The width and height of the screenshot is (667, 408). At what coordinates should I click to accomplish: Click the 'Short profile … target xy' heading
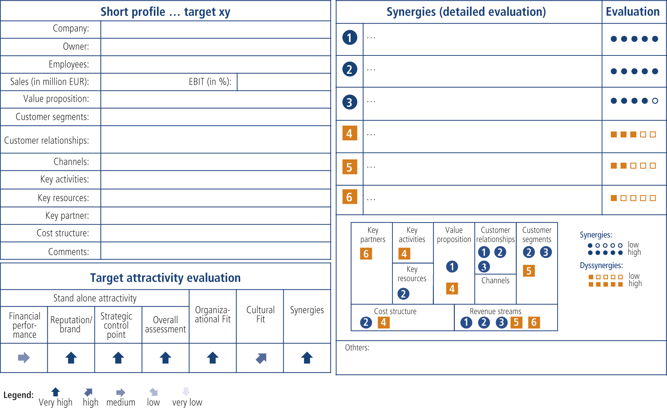[x=165, y=12]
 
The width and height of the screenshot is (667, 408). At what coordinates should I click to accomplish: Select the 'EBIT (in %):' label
[x=210, y=82]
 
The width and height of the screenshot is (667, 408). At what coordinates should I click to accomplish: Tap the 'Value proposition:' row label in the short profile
[x=56, y=99]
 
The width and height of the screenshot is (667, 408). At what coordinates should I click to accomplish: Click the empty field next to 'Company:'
[x=215, y=29]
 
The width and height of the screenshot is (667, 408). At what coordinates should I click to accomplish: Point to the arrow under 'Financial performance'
[x=24, y=357]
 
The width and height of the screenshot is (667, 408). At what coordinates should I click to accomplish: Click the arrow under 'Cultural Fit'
[x=261, y=358]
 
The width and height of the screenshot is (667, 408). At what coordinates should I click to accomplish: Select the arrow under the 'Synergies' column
[x=307, y=357]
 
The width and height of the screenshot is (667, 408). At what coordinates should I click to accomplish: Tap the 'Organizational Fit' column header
[x=213, y=315]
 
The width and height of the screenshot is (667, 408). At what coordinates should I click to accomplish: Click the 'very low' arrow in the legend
[x=186, y=391]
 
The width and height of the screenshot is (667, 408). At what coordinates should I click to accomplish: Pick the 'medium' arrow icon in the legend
[x=121, y=392]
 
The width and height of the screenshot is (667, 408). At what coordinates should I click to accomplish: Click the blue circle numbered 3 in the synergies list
[x=349, y=102]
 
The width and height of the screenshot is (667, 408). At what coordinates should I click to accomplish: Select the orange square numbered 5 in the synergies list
[x=349, y=167]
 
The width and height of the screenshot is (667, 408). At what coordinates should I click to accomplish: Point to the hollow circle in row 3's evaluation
[x=655, y=101]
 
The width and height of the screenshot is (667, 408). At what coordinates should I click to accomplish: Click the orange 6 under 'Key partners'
[x=366, y=253]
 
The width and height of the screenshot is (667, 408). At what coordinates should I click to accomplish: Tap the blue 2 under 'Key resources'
[x=403, y=293]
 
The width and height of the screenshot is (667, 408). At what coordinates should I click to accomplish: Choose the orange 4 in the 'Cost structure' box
[x=384, y=322]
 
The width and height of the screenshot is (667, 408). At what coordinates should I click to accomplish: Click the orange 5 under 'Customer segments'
[x=529, y=271]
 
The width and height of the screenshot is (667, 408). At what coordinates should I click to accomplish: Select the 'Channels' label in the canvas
[x=495, y=281]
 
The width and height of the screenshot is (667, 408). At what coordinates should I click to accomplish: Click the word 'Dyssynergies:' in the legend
[x=601, y=266]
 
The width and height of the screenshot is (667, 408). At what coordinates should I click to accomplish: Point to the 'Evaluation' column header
[x=632, y=12]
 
